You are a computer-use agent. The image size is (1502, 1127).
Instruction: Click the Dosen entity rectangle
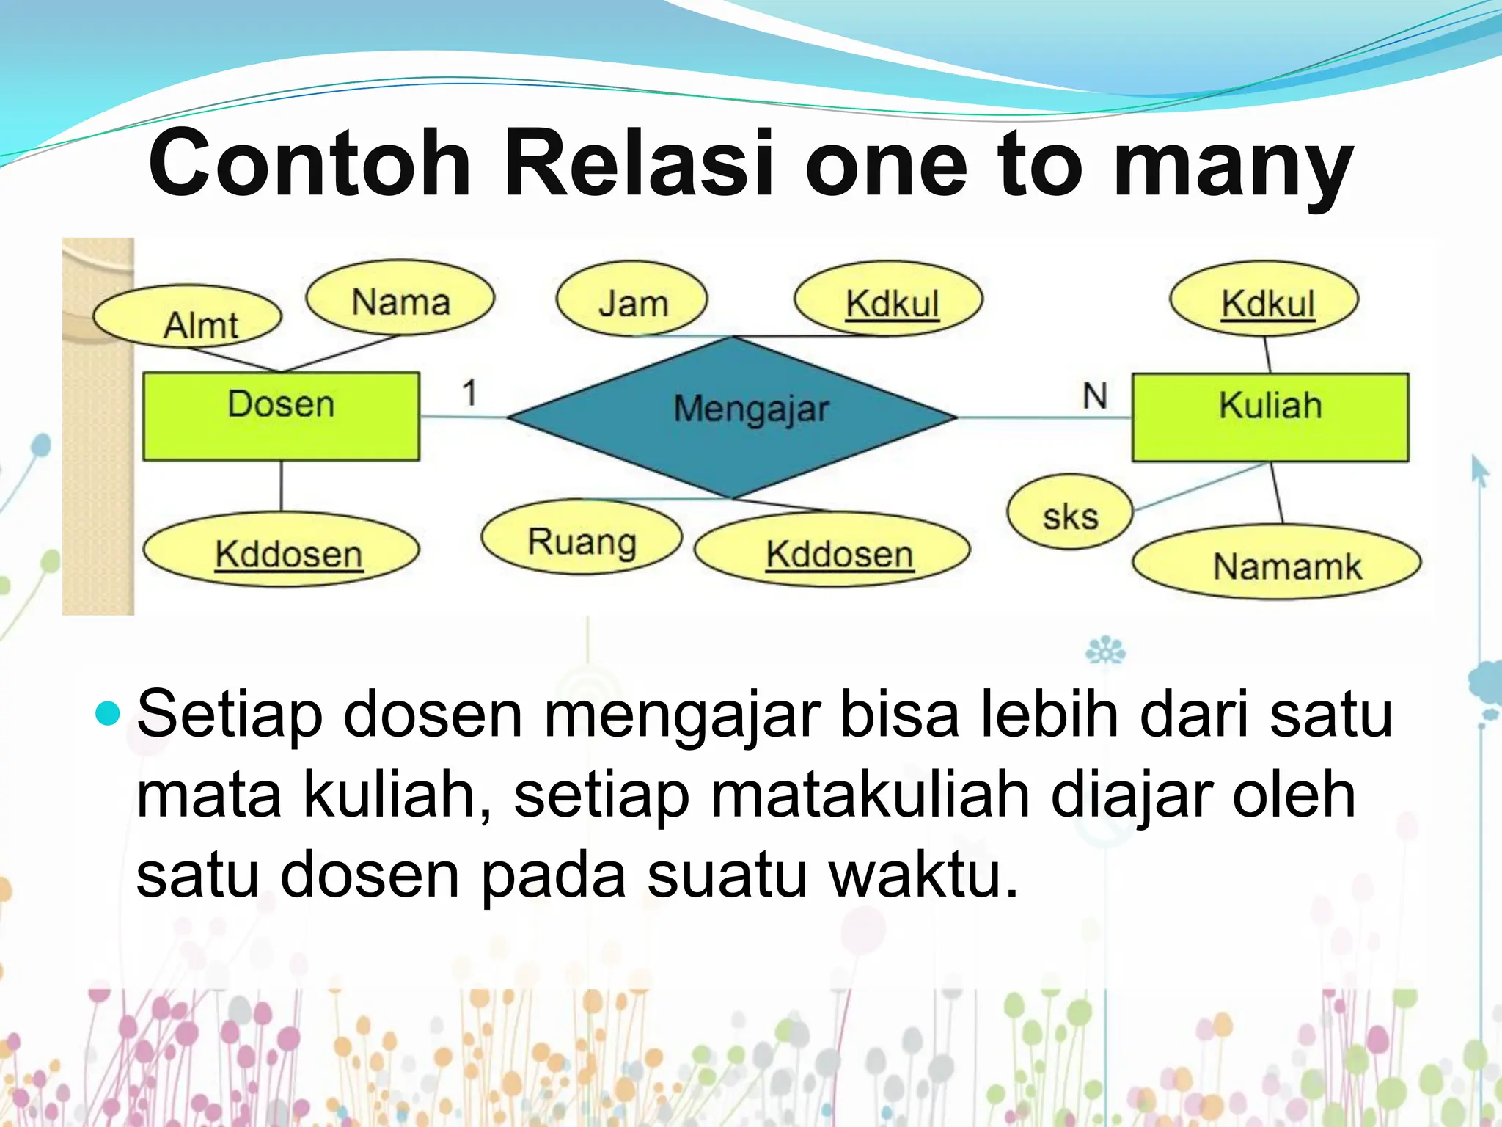click(x=281, y=416)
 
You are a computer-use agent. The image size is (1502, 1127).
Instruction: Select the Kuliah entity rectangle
click(x=1270, y=417)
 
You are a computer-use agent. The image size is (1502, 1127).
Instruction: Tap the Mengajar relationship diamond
click(x=732, y=417)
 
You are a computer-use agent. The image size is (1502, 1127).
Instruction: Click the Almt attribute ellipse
click(x=188, y=317)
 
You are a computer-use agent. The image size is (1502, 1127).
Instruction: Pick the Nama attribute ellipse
click(x=400, y=298)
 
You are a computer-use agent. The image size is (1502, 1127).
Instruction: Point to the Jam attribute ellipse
click(x=631, y=299)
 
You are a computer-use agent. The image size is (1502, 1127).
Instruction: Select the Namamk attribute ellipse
click(x=1276, y=563)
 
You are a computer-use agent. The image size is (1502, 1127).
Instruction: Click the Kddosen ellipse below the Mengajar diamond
click(x=832, y=550)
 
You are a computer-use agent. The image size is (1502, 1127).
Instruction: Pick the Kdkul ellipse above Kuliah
click(x=1264, y=299)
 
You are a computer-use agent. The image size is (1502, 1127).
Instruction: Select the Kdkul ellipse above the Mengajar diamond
click(x=888, y=299)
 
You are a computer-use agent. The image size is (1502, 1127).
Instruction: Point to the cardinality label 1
click(x=469, y=393)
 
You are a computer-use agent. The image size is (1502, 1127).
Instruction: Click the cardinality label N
click(x=1094, y=396)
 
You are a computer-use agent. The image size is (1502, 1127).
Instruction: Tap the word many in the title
click(x=1232, y=167)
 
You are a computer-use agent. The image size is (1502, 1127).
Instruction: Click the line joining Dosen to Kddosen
click(x=282, y=486)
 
